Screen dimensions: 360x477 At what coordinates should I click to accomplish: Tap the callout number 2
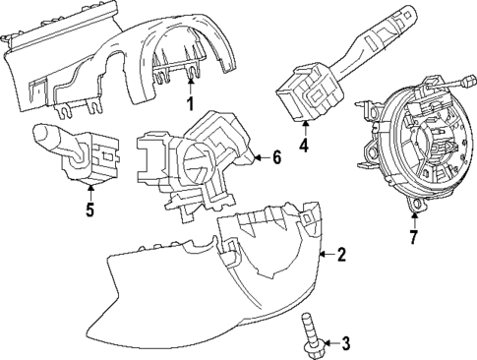pyautogui.click(x=341, y=256)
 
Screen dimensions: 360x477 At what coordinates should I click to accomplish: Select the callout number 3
pyautogui.click(x=346, y=343)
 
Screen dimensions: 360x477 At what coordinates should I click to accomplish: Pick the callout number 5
pyautogui.click(x=89, y=210)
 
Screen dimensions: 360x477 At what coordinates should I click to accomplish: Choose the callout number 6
pyautogui.click(x=277, y=156)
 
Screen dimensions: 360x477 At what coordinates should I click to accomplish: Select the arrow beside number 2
pyautogui.click(x=327, y=256)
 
